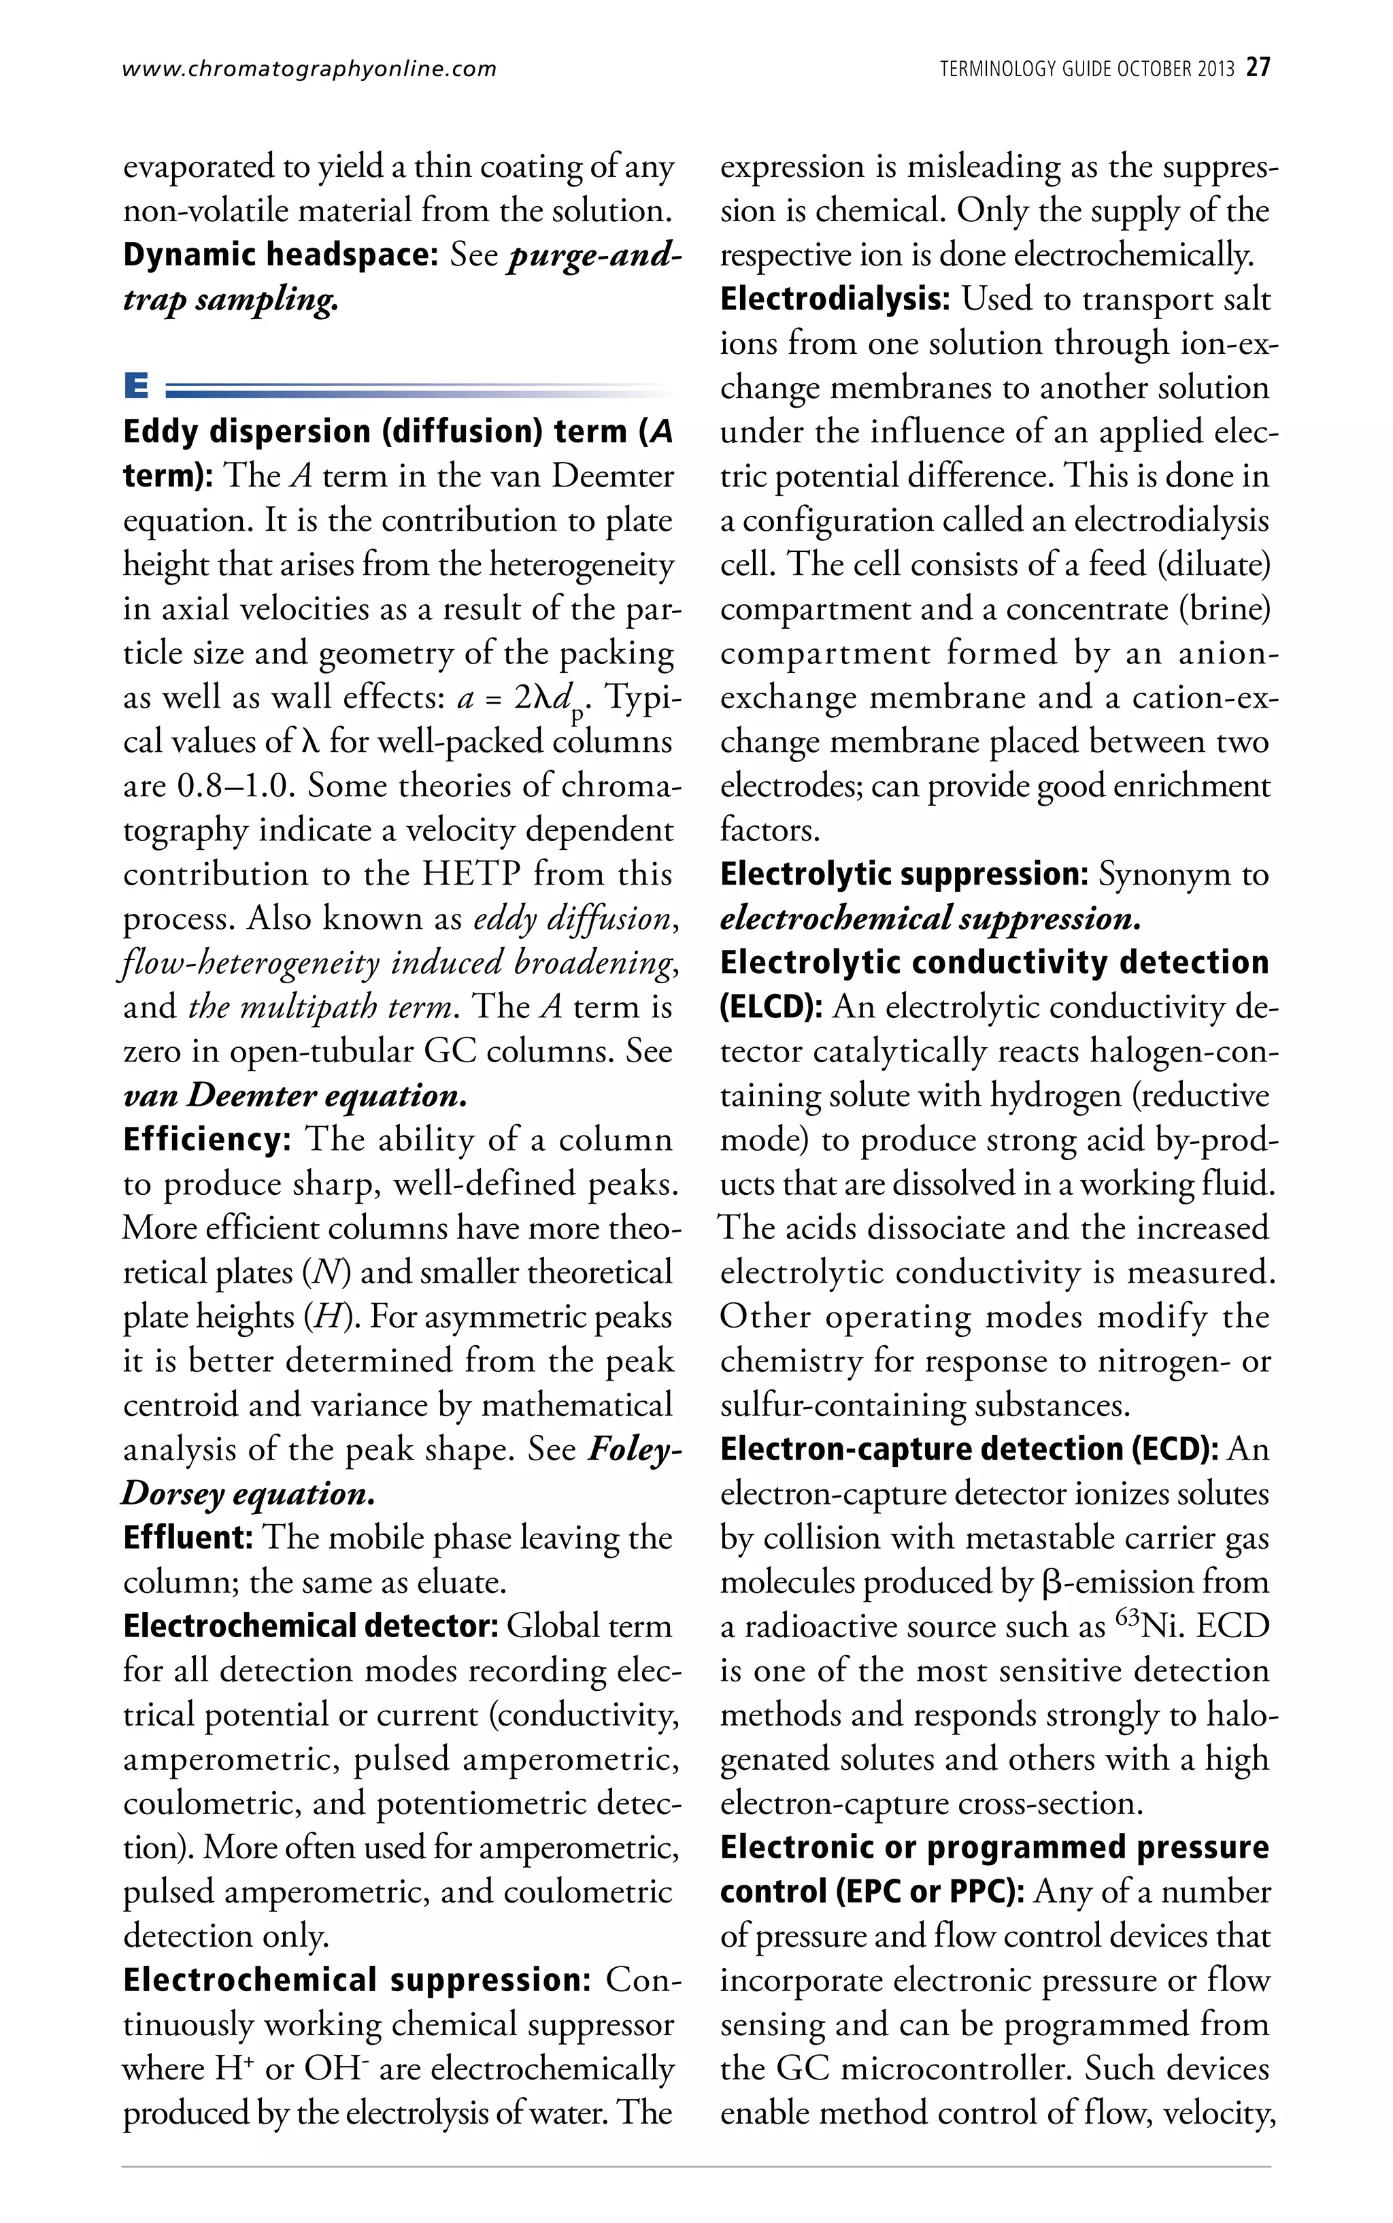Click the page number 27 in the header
[1258, 67]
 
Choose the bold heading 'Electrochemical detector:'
[310, 1626]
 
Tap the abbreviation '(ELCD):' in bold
[771, 1006]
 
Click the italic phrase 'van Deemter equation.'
[295, 1096]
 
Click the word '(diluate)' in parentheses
[1213, 565]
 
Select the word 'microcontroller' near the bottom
[956, 2068]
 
